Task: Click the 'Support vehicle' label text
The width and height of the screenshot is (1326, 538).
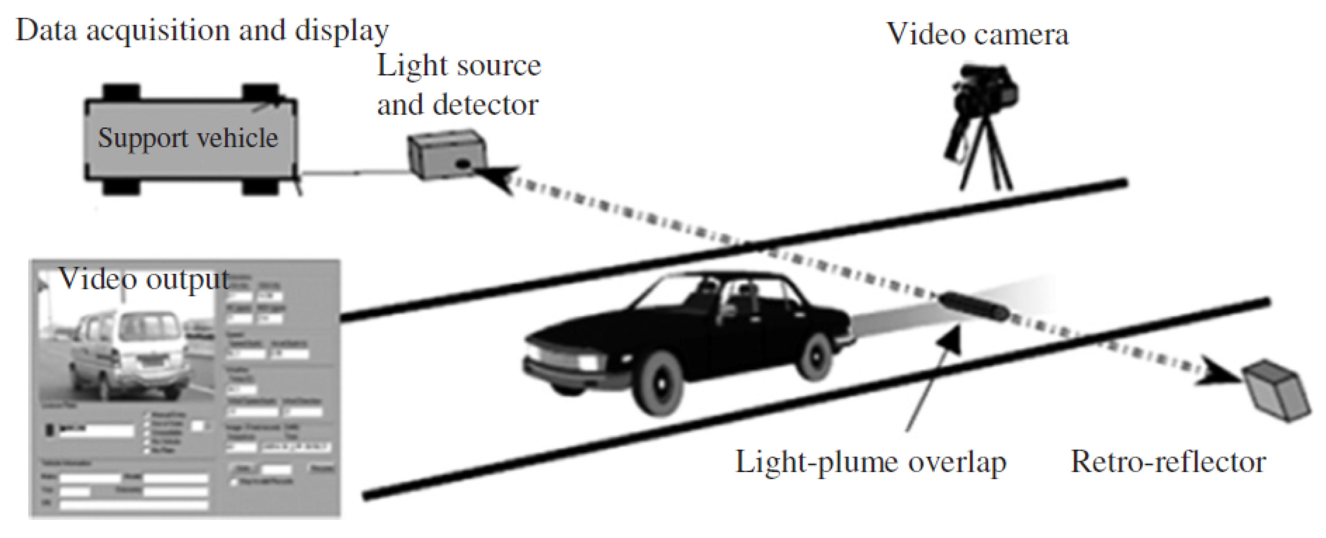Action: click(x=188, y=138)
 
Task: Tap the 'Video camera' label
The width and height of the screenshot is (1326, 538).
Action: click(x=977, y=35)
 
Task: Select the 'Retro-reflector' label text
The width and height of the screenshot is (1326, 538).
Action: click(x=1167, y=462)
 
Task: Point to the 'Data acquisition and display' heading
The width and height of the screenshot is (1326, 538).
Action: click(x=202, y=31)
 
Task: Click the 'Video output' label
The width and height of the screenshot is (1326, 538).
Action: click(x=144, y=279)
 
